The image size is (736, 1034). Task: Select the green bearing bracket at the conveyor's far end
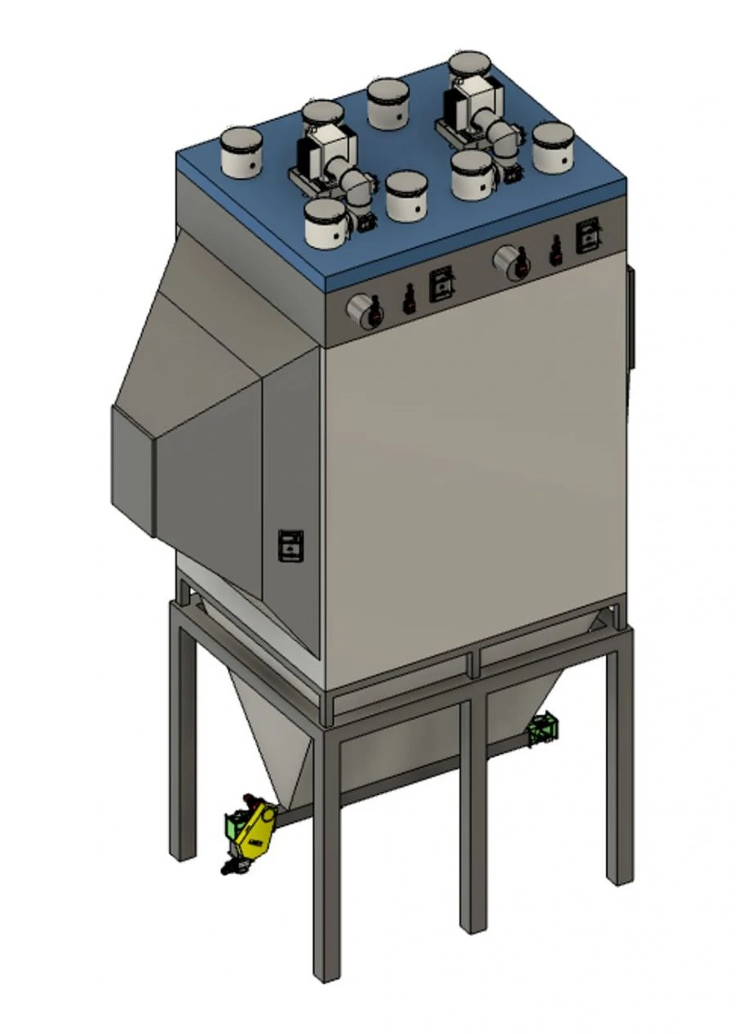click(x=542, y=729)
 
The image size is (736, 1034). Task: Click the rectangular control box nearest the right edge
click(x=588, y=236)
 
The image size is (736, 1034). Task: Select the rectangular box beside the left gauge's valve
click(x=442, y=285)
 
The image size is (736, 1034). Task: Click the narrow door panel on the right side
click(x=631, y=319)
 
